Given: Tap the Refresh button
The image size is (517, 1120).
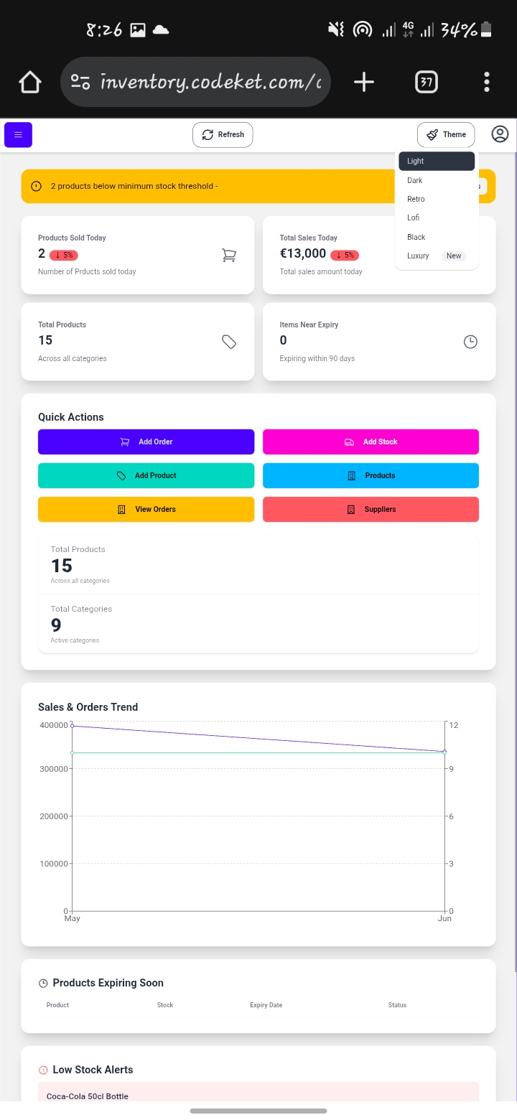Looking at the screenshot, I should tap(223, 134).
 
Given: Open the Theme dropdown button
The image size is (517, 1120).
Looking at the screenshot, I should tap(446, 134).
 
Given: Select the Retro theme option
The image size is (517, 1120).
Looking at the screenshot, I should tap(416, 199).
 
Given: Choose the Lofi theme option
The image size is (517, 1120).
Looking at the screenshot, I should tap(414, 218).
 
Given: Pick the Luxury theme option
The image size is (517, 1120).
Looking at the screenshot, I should tap(419, 256).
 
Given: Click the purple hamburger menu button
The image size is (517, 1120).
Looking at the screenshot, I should tap(18, 134).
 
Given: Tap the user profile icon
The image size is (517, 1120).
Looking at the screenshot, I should tap(500, 134).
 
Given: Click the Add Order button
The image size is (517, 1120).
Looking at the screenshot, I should tap(146, 442).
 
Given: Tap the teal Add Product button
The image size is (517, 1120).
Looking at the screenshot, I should tap(146, 475).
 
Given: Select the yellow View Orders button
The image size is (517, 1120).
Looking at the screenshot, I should tap(146, 509).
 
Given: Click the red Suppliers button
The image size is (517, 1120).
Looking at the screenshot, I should tap(371, 509).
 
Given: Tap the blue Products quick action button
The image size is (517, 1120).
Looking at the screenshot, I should tap(371, 475).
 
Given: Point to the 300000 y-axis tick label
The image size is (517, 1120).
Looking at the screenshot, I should tap(54, 769).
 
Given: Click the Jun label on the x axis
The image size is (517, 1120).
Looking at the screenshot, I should tap(444, 919).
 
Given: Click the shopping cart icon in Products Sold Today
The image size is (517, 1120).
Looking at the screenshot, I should tap(229, 255).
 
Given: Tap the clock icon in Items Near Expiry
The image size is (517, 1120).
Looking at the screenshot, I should tap(470, 342).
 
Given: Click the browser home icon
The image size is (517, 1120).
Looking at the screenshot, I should tap(30, 82).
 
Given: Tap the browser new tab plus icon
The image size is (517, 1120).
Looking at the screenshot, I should tap(364, 82).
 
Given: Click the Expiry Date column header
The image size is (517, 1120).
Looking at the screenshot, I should tap(266, 1005).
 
